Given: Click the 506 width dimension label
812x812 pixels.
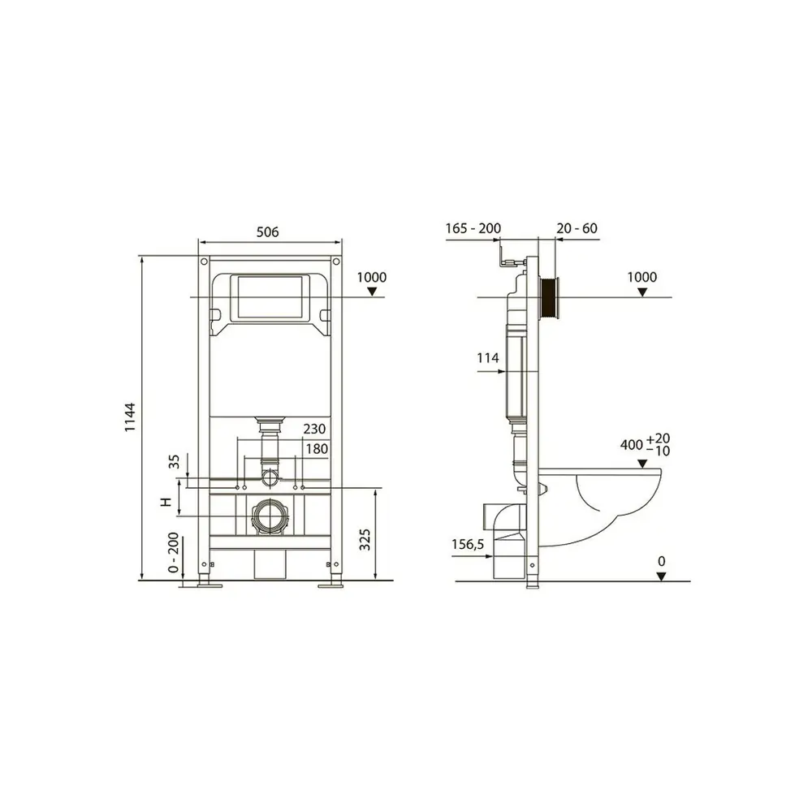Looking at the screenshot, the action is tap(268, 231).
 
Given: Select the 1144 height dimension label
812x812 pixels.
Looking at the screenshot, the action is tap(130, 417).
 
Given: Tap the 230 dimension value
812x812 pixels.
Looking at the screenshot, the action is tap(314, 429).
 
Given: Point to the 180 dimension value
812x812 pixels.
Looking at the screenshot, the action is tap(317, 448).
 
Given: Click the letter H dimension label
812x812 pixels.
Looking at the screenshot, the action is tap(166, 501).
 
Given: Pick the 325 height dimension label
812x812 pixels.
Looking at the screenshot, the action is tap(365, 540).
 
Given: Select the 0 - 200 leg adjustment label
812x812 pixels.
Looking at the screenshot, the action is tap(174, 552).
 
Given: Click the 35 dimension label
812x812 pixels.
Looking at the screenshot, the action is tap(175, 461).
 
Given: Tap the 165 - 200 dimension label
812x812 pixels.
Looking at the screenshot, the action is tap(473, 228).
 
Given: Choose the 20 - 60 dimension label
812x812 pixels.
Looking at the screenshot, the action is tap(577, 228).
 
